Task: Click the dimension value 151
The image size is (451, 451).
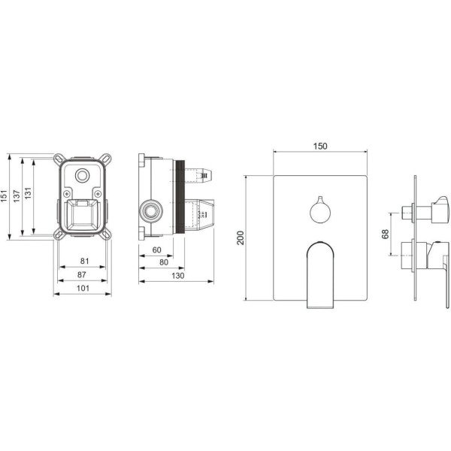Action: click(x=4, y=195)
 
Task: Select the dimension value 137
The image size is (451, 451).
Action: click(x=17, y=196)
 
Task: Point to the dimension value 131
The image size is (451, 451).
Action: click(x=28, y=193)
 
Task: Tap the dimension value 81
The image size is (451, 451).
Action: click(x=84, y=261)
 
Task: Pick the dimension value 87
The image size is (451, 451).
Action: click(x=82, y=274)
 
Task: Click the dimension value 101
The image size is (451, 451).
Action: click(x=83, y=288)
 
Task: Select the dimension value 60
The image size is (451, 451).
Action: click(x=157, y=250)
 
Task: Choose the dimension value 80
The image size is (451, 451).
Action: click(x=164, y=262)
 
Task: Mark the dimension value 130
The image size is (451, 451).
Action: click(x=177, y=276)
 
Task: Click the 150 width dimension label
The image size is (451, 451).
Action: click(x=320, y=146)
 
